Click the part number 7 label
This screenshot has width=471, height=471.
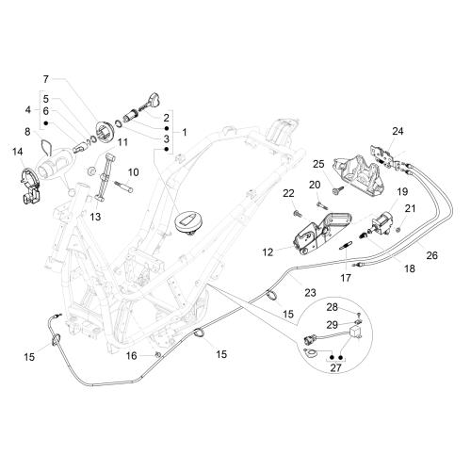tap(46, 79)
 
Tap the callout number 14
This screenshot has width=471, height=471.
tap(18, 152)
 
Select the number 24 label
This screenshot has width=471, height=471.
tap(398, 131)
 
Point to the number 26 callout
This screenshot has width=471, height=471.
tap(431, 255)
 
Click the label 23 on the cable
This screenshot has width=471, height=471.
tap(310, 293)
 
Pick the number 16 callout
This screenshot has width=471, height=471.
tap(132, 356)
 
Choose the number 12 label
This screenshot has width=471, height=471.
tap(268, 252)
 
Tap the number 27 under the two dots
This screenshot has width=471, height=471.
tap(335, 367)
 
